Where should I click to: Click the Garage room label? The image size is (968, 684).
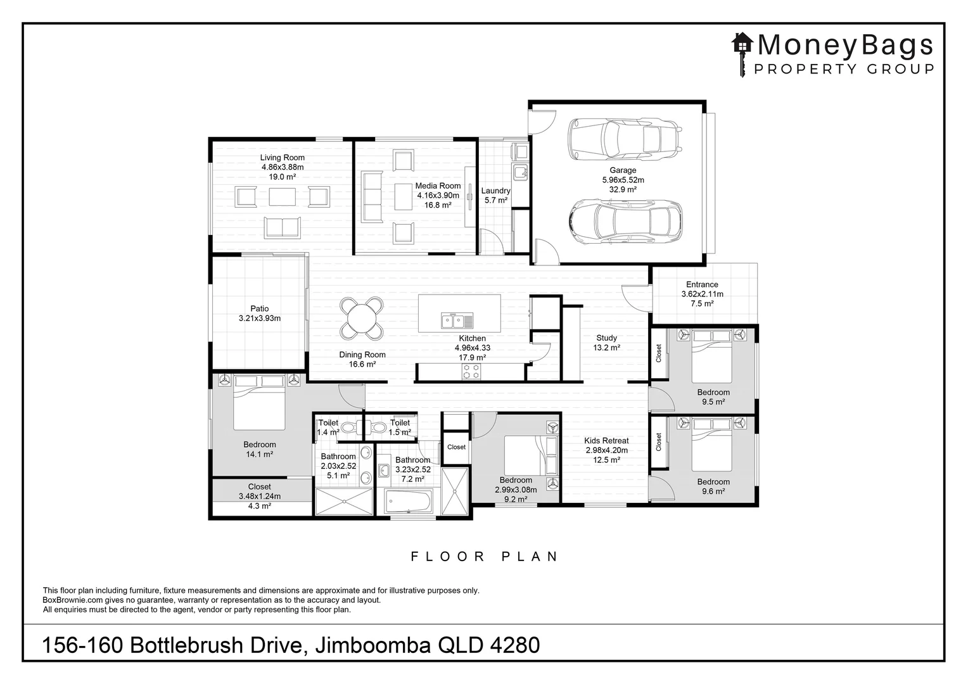[623, 179]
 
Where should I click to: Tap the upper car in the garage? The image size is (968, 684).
[625, 139]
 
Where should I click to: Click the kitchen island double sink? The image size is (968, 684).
[453, 320]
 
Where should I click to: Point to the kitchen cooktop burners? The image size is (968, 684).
[471, 371]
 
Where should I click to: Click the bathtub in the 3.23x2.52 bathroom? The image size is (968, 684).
[409, 502]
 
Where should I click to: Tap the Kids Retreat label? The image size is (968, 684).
[606, 450]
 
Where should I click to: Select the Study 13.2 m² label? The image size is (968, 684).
[606, 343]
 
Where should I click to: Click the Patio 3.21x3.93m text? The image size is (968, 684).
[259, 313]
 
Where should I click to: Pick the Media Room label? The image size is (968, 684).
[438, 195]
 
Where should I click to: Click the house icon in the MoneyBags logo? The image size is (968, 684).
[742, 44]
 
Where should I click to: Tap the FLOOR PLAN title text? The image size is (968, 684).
[485, 557]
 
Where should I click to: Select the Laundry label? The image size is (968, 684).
[495, 195]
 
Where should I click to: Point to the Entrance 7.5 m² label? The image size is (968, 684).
[702, 294]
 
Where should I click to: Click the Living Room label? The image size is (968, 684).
[282, 167]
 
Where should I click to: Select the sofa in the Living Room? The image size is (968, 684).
[282, 227]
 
